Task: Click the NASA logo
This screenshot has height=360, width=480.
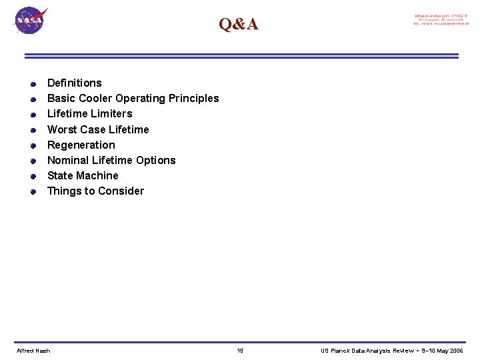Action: [30, 21]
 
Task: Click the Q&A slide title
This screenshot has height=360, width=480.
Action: [239, 25]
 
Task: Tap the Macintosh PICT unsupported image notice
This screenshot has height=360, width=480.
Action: [441, 20]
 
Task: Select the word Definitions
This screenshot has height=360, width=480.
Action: [75, 83]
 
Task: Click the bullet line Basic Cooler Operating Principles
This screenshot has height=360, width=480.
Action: [133, 98]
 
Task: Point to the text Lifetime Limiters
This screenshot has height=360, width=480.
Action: [89, 113]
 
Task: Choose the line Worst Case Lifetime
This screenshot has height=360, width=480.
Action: [98, 129]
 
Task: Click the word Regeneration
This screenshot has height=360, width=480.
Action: [81, 145]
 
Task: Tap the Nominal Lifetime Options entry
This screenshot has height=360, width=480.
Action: [111, 160]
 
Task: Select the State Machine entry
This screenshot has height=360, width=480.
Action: [83, 175]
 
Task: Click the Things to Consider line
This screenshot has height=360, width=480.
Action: [95, 191]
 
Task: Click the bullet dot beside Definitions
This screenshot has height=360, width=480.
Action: [33, 84]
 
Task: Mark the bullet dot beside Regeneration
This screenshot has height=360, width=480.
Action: [33, 145]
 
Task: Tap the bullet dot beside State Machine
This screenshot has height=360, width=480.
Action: [33, 177]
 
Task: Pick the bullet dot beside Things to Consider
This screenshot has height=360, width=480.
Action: [33, 192]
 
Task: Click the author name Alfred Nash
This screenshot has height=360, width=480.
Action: [33, 351]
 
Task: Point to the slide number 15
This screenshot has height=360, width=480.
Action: [240, 351]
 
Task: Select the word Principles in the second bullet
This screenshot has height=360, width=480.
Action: [193, 98]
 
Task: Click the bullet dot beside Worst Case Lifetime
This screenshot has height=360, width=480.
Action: [33, 130]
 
